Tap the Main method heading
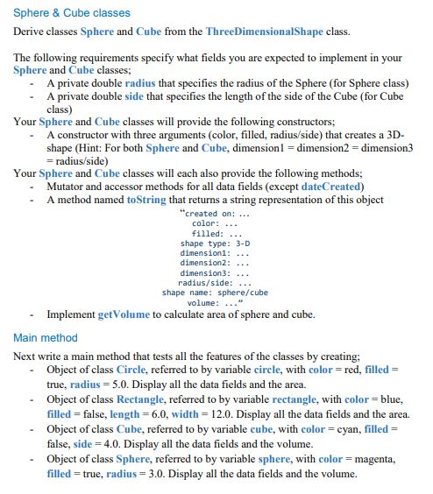(46, 337)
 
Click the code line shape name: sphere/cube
(215, 293)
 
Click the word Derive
(31, 32)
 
